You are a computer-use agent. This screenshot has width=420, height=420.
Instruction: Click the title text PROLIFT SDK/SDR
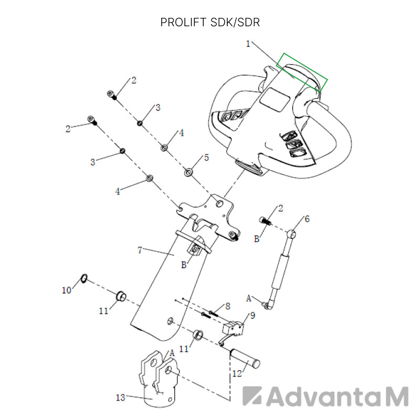coord(210,23)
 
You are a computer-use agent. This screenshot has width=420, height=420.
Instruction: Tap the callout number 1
coord(248,44)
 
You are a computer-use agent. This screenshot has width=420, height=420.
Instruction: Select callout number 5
coord(206,157)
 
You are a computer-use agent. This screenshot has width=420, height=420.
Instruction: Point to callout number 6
coord(307,219)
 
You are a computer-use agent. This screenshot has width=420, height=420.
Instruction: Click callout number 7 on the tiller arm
coord(140,250)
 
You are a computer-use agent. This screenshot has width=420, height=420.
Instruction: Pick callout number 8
coord(227,306)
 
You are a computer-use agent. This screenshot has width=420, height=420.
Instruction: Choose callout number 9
coord(252,316)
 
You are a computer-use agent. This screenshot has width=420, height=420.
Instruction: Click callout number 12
coord(237,374)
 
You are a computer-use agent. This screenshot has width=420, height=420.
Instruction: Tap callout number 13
coord(120,397)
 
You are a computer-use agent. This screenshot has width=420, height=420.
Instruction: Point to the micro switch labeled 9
coord(233,328)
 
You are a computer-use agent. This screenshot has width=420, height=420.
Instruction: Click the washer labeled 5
coord(189,172)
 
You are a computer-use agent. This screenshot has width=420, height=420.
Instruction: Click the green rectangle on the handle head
coord(302,72)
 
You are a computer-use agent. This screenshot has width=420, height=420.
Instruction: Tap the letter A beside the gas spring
coord(249,298)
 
